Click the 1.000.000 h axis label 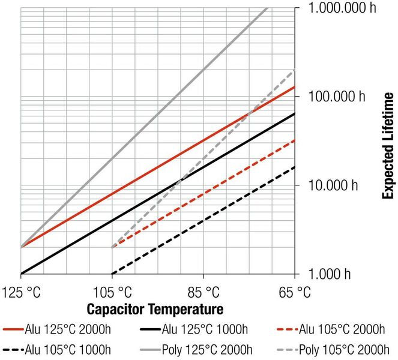(345, 9)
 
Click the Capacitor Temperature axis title (155, 310)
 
